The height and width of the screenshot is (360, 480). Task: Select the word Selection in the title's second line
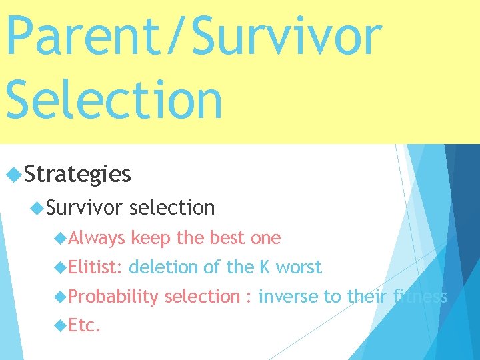114,99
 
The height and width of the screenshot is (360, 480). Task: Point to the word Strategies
77,175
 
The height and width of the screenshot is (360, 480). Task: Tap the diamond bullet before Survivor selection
37,208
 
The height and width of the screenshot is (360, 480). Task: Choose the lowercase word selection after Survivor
172,208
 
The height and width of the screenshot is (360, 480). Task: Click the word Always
97,238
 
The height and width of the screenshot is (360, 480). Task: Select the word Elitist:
95,267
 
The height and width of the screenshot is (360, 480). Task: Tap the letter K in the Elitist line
265,267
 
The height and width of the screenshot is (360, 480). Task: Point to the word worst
299,267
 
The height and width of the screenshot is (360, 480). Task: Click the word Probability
113,297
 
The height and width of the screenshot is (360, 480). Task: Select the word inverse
288,297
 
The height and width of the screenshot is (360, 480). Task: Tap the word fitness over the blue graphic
419,297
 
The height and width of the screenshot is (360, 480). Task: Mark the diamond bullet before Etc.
61,326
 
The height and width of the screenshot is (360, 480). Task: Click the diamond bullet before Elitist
61,267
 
